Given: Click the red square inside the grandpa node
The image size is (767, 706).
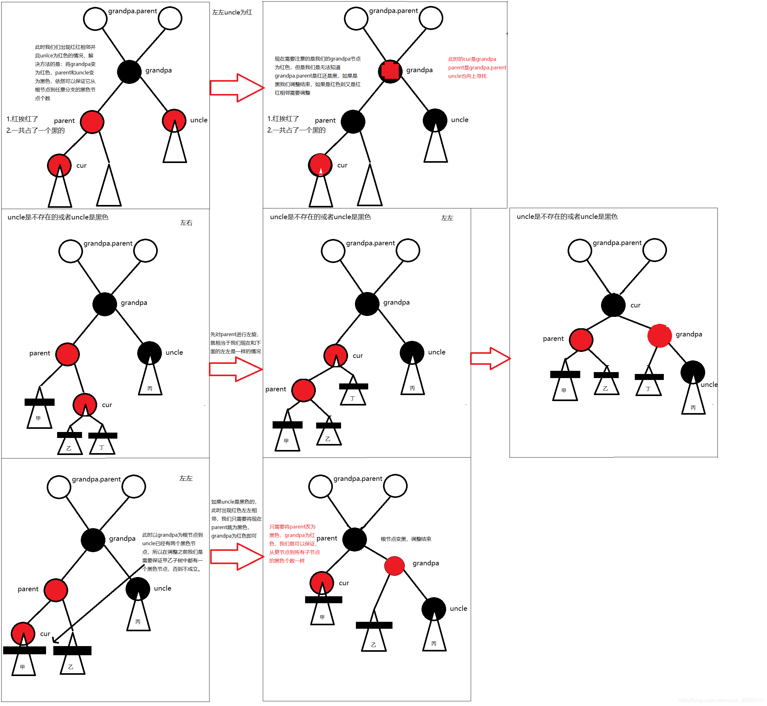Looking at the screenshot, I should pyautogui.click(x=390, y=71).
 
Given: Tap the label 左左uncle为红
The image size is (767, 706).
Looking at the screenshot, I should pyautogui.click(x=232, y=12).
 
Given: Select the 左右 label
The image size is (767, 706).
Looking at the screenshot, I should pyautogui.click(x=186, y=223).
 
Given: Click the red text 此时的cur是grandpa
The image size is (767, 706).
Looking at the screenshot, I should pyautogui.click(x=472, y=59).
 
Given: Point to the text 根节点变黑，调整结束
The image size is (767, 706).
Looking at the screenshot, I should pyautogui.click(x=406, y=539).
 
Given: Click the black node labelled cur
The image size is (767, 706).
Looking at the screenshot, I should pyautogui.click(x=613, y=305).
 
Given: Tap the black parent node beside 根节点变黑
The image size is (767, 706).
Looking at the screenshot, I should pyautogui.click(x=354, y=539).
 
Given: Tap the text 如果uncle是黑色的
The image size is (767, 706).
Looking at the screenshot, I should pyautogui.click(x=234, y=502).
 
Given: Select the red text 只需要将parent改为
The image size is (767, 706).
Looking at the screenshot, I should pyautogui.click(x=292, y=527).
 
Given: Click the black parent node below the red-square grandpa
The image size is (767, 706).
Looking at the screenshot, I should pyautogui.click(x=353, y=121).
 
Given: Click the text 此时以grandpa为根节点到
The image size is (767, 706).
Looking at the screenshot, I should pyautogui.click(x=172, y=535).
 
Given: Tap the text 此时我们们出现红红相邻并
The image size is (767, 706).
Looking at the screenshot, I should pyautogui.click(x=65, y=47).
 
